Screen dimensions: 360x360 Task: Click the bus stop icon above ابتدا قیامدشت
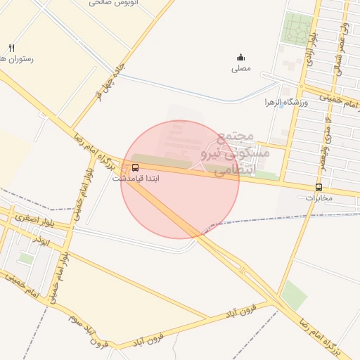(135, 168)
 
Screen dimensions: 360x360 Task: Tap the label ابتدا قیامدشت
(136, 179)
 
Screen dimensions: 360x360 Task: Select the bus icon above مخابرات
(319, 188)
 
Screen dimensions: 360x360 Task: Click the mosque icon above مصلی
(240, 58)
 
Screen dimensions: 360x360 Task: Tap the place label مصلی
(240, 69)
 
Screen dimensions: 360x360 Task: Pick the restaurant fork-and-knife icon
(11, 48)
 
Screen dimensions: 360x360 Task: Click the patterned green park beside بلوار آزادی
(297, 29)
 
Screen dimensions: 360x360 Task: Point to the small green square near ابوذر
(26, 259)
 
